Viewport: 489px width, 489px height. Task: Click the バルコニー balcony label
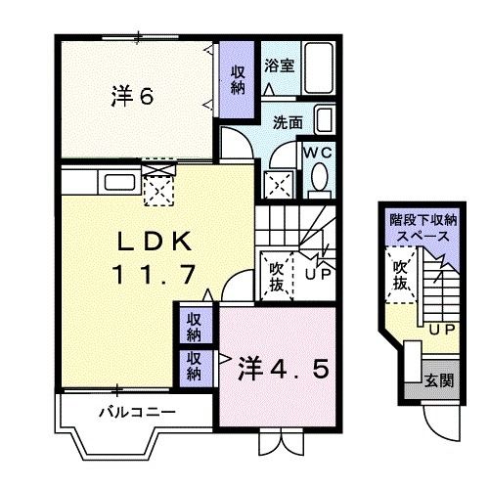point(137,412)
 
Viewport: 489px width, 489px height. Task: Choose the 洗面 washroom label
point(287,124)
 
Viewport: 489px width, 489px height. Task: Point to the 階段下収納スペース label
point(420,230)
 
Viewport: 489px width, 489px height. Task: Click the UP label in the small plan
point(442,330)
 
